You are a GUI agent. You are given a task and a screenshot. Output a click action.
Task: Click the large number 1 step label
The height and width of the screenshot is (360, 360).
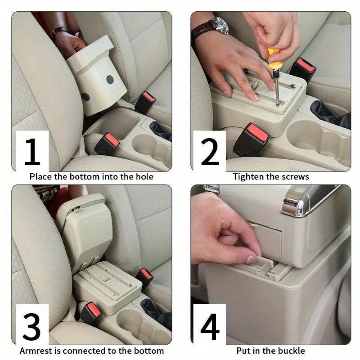(x=32, y=152)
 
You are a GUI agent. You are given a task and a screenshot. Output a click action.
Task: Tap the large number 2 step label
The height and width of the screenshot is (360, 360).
(x=210, y=152)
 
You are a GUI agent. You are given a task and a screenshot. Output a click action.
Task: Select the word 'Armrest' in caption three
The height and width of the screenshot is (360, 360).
(x=35, y=351)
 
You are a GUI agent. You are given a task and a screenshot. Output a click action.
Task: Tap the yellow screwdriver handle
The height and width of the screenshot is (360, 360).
(x=273, y=57)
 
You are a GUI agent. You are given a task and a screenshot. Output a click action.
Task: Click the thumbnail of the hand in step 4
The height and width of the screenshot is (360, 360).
(x=252, y=260)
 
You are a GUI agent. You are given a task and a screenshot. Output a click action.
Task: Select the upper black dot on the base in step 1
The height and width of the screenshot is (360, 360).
(x=110, y=79)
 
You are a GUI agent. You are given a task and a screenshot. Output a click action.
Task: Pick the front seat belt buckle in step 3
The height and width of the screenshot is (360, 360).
(x=90, y=313)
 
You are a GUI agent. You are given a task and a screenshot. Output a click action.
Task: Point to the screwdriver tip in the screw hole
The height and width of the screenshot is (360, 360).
(x=278, y=104)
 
